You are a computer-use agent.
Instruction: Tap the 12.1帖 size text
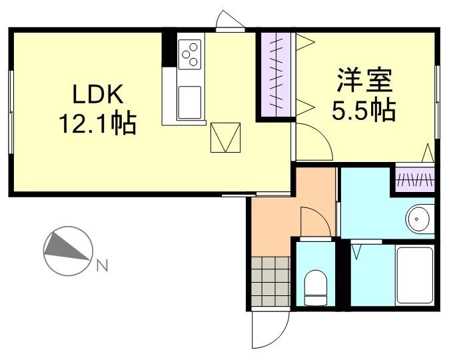97,123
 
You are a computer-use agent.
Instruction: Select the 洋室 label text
364,81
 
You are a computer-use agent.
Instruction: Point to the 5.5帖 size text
364,110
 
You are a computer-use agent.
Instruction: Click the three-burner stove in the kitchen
191,53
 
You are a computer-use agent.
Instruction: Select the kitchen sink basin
191,101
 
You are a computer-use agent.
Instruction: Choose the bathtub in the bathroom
414,275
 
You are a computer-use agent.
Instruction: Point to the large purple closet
276,73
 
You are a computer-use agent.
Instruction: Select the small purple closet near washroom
414,179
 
